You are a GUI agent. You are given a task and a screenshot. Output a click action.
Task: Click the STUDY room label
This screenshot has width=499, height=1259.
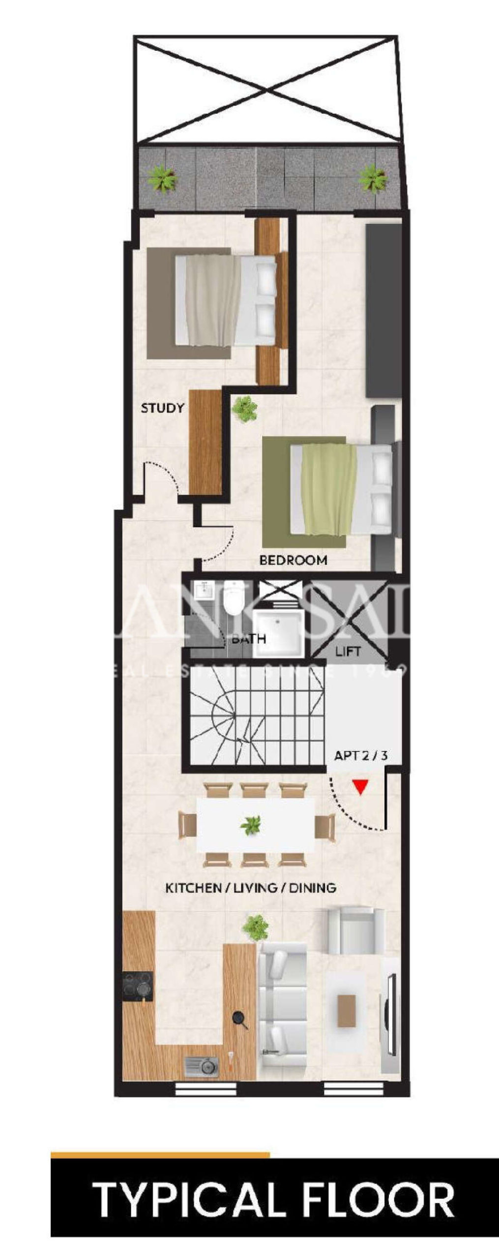point(162,408)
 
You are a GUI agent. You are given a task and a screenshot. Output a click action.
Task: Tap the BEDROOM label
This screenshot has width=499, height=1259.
point(293,560)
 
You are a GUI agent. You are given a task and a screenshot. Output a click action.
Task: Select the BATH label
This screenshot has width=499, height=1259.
point(249,639)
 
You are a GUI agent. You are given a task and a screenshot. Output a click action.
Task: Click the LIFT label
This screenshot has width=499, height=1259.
point(348,652)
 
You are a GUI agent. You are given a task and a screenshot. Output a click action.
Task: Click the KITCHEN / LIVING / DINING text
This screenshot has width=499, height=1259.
point(251,888)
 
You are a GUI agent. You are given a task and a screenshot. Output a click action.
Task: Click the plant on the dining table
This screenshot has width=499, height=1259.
point(251,825)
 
